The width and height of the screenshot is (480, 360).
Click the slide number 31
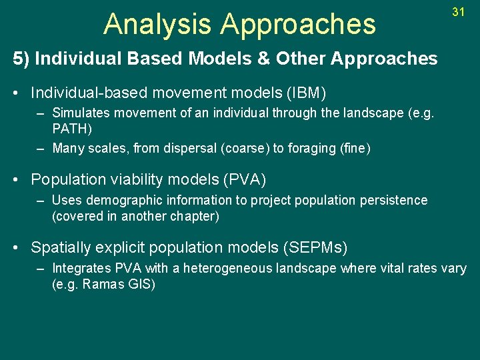point(458,12)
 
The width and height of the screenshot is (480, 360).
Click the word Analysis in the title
point(157,24)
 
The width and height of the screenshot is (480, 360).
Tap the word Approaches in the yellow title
point(298,24)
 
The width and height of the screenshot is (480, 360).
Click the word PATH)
point(72,128)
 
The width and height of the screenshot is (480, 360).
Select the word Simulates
point(79,113)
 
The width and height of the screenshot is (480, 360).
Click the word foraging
point(311,149)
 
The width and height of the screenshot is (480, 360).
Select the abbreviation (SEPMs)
point(315,248)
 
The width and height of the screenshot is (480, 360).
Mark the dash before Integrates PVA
point(41,269)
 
